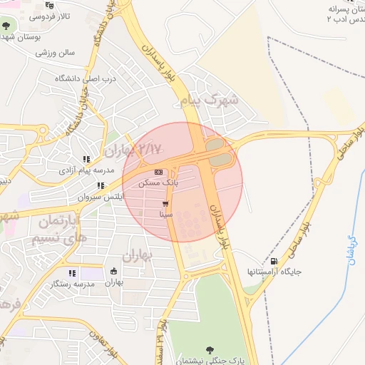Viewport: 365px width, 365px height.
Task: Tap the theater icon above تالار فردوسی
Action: point(48,6)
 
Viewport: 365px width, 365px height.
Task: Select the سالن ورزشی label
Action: point(56,52)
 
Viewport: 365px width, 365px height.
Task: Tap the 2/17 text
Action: point(151,148)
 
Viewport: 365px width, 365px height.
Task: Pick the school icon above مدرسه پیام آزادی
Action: point(86,160)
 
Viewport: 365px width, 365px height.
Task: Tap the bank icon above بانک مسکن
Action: point(158,172)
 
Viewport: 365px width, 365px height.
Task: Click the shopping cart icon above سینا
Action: point(166,203)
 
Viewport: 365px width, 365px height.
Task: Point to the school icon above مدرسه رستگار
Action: point(71,273)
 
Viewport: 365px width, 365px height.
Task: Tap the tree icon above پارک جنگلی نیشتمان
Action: point(210,349)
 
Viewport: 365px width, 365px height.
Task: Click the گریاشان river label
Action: point(351,250)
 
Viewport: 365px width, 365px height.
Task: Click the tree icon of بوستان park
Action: point(6,26)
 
